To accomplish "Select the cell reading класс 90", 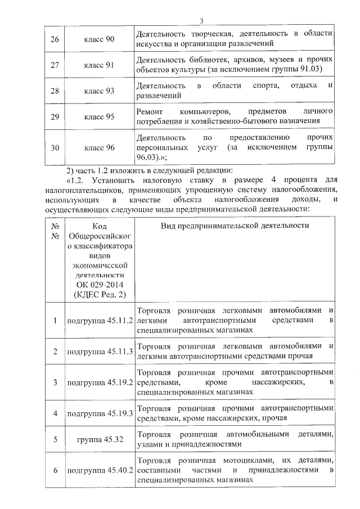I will tap(99, 38).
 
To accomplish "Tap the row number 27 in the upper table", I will tap(55, 65).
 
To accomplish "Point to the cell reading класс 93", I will tap(99, 91).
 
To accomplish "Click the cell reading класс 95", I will tap(99, 116).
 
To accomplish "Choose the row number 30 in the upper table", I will tap(55, 147).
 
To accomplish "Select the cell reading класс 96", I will tap(99, 147).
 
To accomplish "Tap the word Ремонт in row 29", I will tap(151, 111).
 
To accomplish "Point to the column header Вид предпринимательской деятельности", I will tap(235, 226).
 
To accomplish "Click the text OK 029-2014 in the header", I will tap(98, 285).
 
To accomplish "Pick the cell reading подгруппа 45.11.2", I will tap(99, 321).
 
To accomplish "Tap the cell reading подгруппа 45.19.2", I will tap(99, 382).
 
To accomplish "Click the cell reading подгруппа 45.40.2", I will tap(99, 470).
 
